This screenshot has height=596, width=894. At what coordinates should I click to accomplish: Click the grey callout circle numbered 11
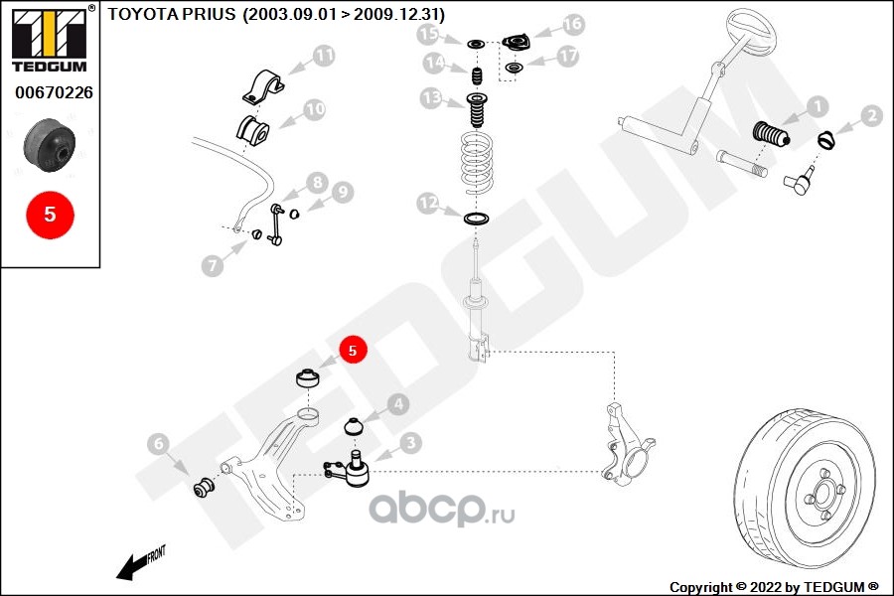324,57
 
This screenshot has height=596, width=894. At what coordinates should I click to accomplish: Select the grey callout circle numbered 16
573,24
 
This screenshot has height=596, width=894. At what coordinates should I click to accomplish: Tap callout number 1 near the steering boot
817,106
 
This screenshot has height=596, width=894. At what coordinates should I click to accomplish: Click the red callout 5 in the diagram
353,350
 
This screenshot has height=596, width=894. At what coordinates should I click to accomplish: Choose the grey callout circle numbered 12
428,204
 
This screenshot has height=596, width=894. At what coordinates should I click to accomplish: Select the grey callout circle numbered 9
343,193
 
